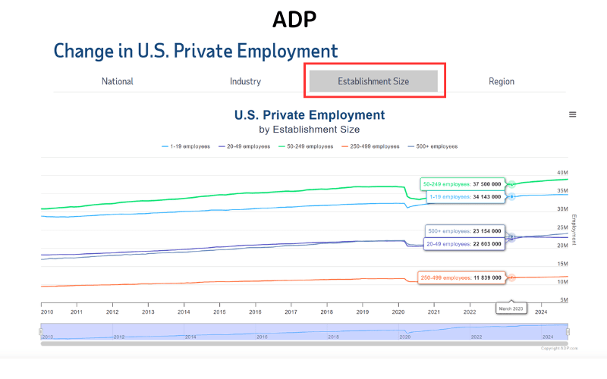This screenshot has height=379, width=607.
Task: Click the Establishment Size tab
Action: (x=373, y=81)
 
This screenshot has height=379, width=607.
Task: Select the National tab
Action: (x=118, y=81)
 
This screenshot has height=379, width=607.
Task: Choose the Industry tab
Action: (x=245, y=81)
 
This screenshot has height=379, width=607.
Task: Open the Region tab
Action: (x=502, y=81)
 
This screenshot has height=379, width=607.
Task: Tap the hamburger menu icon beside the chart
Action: (x=573, y=114)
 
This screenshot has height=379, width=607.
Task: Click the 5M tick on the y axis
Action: (x=563, y=300)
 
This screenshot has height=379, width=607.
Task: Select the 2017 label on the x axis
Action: (x=291, y=312)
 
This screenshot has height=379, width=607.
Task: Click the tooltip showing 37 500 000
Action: (x=463, y=184)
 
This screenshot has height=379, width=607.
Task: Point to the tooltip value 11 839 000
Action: (x=461, y=277)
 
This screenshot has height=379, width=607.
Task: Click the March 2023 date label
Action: (x=511, y=309)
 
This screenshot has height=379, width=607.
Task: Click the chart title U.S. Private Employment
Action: (x=310, y=115)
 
